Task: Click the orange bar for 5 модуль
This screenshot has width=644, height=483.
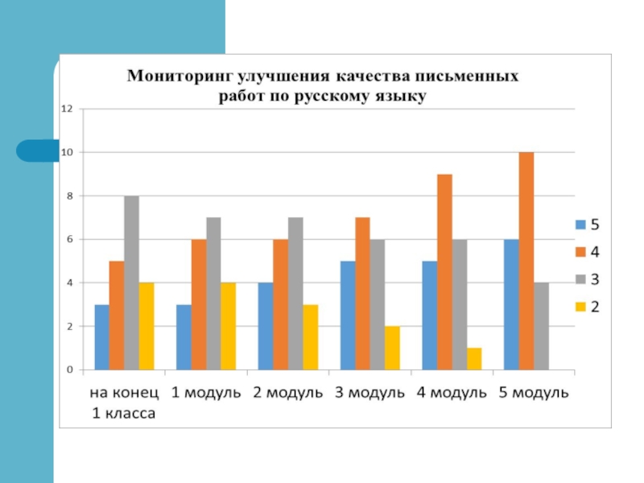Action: [526, 261]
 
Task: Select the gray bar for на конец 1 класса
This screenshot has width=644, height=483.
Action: [131, 283]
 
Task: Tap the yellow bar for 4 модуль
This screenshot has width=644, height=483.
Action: [474, 359]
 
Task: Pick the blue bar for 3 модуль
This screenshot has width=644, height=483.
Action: [348, 316]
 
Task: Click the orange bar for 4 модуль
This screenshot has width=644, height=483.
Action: [444, 272]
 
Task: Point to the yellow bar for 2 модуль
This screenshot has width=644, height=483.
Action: [310, 337]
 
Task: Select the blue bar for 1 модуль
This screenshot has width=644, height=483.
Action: [184, 337]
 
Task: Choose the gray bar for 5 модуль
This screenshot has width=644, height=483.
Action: [541, 326]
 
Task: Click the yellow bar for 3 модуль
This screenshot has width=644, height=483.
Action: [392, 348]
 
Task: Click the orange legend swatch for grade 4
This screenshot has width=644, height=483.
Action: [580, 252]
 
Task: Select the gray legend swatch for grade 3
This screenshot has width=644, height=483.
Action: [580, 279]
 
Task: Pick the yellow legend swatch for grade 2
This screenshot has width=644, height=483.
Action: [580, 307]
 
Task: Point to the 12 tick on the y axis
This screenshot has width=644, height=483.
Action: [67, 109]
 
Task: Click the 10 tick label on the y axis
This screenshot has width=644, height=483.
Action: [67, 152]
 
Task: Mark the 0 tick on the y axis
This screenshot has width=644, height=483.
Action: [70, 370]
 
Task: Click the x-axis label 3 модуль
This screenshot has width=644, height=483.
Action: [369, 394]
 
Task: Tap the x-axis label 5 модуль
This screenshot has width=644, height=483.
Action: [535, 394]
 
